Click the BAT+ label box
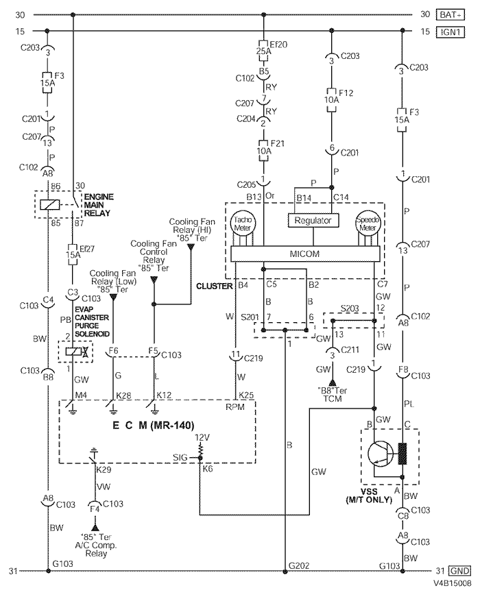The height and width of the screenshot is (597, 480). [x=451, y=15]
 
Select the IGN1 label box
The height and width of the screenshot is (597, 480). [x=451, y=32]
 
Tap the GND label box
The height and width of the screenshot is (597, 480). [x=459, y=571]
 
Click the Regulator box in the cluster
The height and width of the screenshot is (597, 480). [x=313, y=221]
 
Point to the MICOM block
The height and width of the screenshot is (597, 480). [x=305, y=254]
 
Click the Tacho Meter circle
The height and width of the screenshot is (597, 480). [x=242, y=223]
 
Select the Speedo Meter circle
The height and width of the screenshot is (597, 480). [x=368, y=223]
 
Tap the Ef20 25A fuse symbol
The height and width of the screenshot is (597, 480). [x=263, y=50]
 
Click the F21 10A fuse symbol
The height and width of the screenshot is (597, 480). [x=263, y=150]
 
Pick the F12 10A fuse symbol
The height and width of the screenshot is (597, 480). [x=331, y=100]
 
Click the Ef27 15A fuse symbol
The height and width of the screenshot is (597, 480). [x=73, y=255]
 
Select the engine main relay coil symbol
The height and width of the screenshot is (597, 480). [x=49, y=204]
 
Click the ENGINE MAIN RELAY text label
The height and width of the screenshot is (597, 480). [x=98, y=205]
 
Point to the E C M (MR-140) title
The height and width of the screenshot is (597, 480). [x=154, y=425]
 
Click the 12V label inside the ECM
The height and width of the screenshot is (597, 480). [x=202, y=437]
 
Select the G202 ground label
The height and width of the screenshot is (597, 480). [x=299, y=565]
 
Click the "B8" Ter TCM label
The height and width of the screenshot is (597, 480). [x=333, y=394]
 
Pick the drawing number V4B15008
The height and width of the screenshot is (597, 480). [x=453, y=583]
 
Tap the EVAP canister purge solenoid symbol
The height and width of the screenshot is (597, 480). [x=75, y=352]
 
